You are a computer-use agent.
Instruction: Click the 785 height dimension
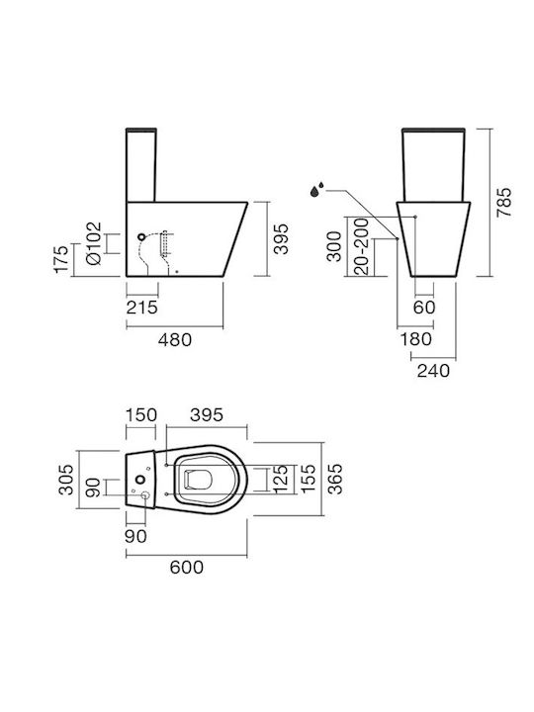(503, 202)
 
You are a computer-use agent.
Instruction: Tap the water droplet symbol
(317, 189)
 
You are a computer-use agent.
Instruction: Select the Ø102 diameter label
(95, 244)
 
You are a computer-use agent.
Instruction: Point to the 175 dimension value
(61, 259)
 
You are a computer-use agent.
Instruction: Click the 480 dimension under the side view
(175, 339)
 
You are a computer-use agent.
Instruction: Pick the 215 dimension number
(142, 308)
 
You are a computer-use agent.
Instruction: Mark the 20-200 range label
(362, 246)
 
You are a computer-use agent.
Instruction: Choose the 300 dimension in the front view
(334, 246)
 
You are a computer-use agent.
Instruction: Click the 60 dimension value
(424, 308)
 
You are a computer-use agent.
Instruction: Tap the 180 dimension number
(416, 339)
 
